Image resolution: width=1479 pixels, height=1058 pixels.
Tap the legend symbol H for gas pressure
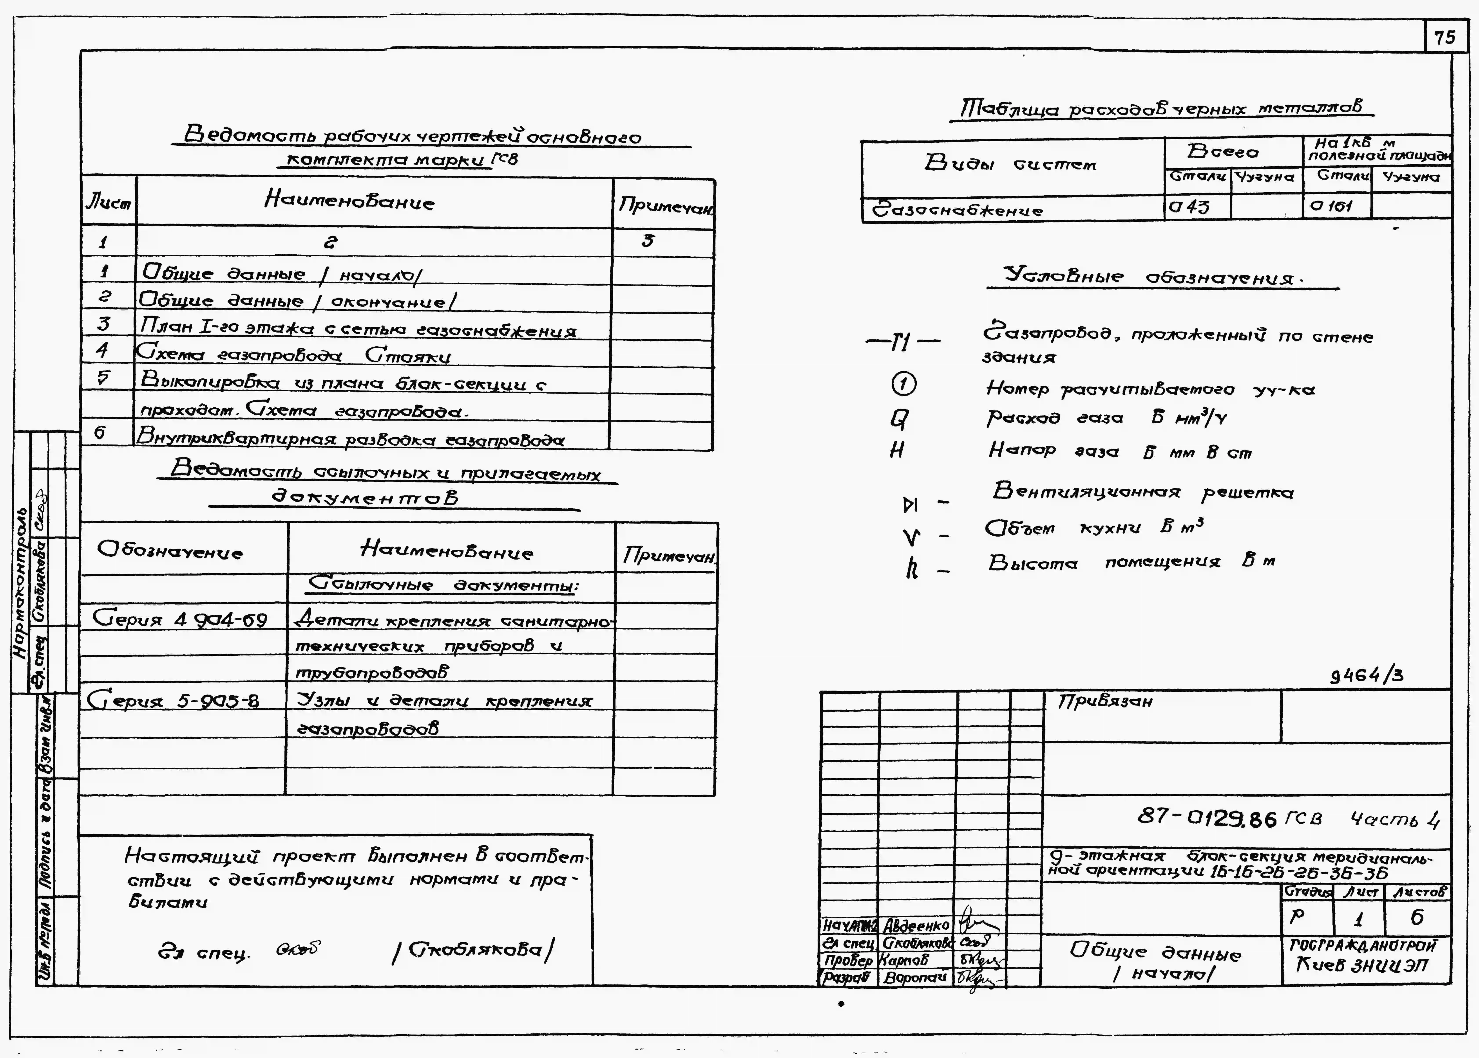pos(897,450)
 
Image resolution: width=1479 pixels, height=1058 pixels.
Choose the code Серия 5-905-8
pos(173,700)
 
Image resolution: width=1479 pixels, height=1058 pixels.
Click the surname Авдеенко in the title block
pos(916,926)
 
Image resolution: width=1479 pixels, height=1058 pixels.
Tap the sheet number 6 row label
pos(100,433)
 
